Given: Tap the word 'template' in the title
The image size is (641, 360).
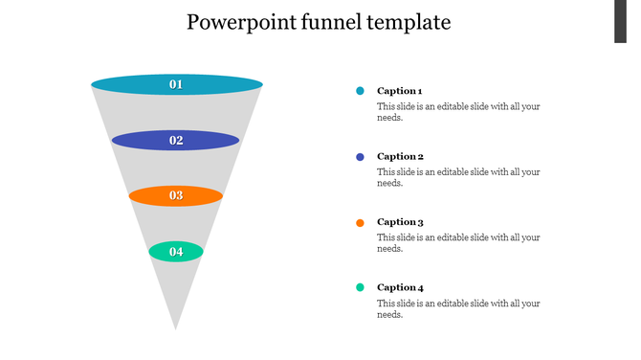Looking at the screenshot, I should (x=407, y=21).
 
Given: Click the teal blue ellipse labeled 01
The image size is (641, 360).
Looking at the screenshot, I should (x=176, y=84).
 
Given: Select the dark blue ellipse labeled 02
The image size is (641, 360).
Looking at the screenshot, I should (x=176, y=141).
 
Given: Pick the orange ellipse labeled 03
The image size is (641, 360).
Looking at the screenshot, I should (x=176, y=196).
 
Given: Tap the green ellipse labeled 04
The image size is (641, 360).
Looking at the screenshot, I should (x=176, y=252).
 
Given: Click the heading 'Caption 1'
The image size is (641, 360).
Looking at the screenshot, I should (x=400, y=91).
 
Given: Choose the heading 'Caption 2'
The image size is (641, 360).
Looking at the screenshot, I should (x=400, y=156).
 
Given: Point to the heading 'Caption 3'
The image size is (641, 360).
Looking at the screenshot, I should (x=400, y=222).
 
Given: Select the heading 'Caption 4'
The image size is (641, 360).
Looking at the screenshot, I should (x=400, y=287).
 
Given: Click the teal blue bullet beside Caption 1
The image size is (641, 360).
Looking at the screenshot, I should (x=360, y=91).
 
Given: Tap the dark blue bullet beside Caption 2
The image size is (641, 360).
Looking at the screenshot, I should (x=360, y=156).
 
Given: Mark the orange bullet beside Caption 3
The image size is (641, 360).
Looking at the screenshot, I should (x=360, y=222).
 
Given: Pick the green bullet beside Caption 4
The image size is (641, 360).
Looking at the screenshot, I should (x=360, y=287).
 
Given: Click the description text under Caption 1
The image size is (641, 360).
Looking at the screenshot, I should (x=458, y=112).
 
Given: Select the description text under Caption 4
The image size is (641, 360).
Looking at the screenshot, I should (x=458, y=308).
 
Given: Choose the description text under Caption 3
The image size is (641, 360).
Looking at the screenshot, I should (x=458, y=243).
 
